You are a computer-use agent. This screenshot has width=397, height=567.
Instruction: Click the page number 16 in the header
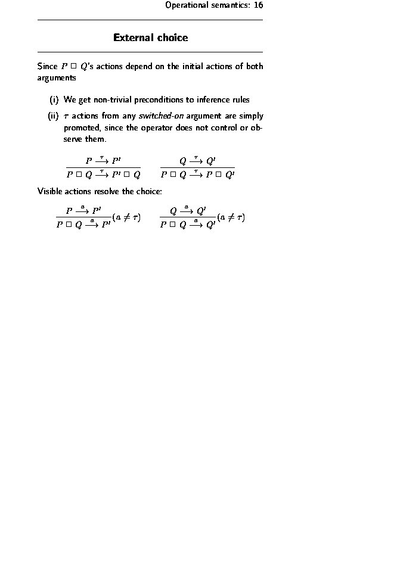pyautogui.click(x=258, y=5)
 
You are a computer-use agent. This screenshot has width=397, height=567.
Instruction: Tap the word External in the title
pyautogui.click(x=134, y=38)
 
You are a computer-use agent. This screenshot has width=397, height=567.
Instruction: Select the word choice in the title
pyautogui.click(x=173, y=38)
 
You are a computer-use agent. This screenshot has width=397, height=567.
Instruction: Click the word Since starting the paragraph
pyautogui.click(x=48, y=66)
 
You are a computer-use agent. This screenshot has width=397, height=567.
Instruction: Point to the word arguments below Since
pyautogui.click(x=57, y=77)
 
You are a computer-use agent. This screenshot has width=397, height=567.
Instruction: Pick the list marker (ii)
pyautogui.click(x=53, y=116)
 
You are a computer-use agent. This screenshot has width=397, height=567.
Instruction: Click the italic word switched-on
pyautogui.click(x=161, y=116)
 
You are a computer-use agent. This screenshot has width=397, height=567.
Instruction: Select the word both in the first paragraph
pyautogui.click(x=254, y=66)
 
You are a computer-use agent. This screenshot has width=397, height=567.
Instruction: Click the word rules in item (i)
pyautogui.click(x=241, y=99)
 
